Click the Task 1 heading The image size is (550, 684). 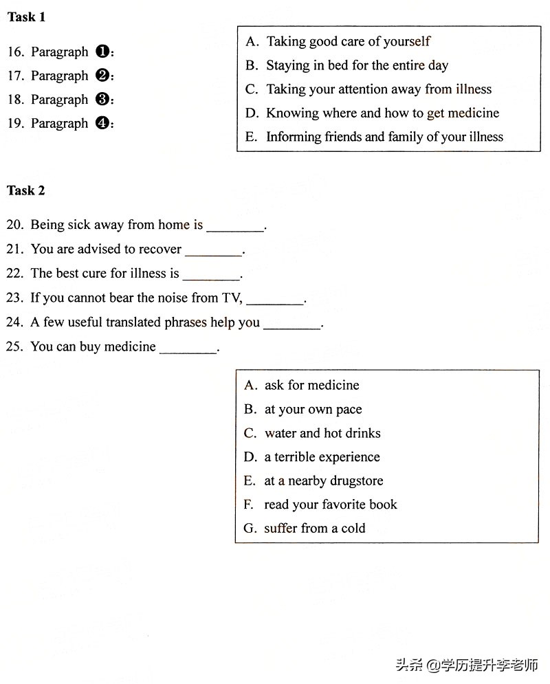click(x=26, y=17)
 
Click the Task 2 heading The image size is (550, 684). click(x=26, y=190)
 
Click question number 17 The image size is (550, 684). click(x=15, y=76)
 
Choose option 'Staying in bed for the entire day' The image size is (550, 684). click(x=357, y=65)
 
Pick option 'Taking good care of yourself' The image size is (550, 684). click(x=348, y=41)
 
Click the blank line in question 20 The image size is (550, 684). click(x=235, y=228)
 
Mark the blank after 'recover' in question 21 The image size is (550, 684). click(x=213, y=253)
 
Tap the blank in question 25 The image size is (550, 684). click(x=188, y=351)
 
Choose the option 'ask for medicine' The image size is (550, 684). click(x=311, y=385)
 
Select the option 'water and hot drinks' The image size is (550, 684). click(x=322, y=433)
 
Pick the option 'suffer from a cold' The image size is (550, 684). click(x=314, y=528)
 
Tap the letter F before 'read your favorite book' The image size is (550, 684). click(x=249, y=505)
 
